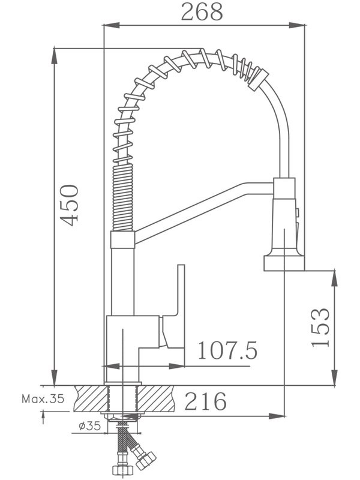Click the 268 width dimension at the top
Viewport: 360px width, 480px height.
(202, 12)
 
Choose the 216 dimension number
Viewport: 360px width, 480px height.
(205, 401)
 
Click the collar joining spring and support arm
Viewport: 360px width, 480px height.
(123, 239)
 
